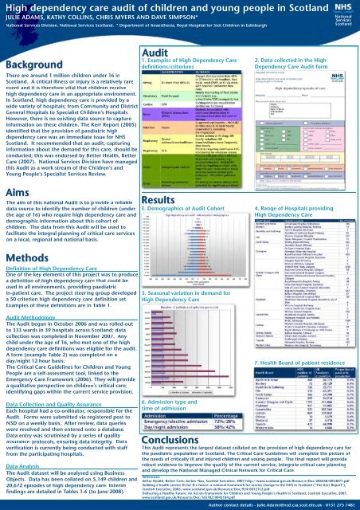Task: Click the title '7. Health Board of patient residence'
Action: (x=296, y=341)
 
